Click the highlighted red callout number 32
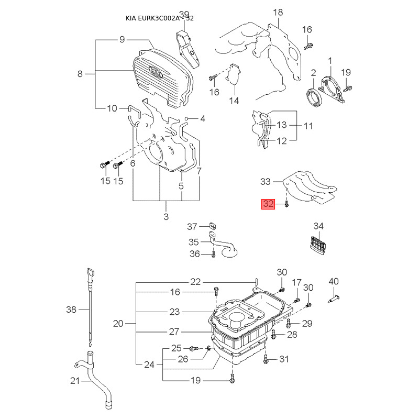coord(268,204)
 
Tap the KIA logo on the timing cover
coord(156,72)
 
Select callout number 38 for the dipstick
coord(71,310)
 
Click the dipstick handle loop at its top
coord(90,274)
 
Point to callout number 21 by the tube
coord(75,381)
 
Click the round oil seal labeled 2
coord(314,97)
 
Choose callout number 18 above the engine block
coord(278,12)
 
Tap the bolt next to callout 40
coord(334,298)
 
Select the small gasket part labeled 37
coord(213,226)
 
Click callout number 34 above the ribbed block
coord(318,226)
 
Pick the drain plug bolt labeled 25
coord(194,348)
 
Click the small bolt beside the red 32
coord(286,204)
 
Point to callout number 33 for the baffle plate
coord(266,182)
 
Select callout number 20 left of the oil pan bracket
coord(118,324)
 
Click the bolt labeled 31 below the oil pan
coord(266,359)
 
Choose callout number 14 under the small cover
coord(234,101)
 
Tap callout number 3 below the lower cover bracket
coord(166,216)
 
